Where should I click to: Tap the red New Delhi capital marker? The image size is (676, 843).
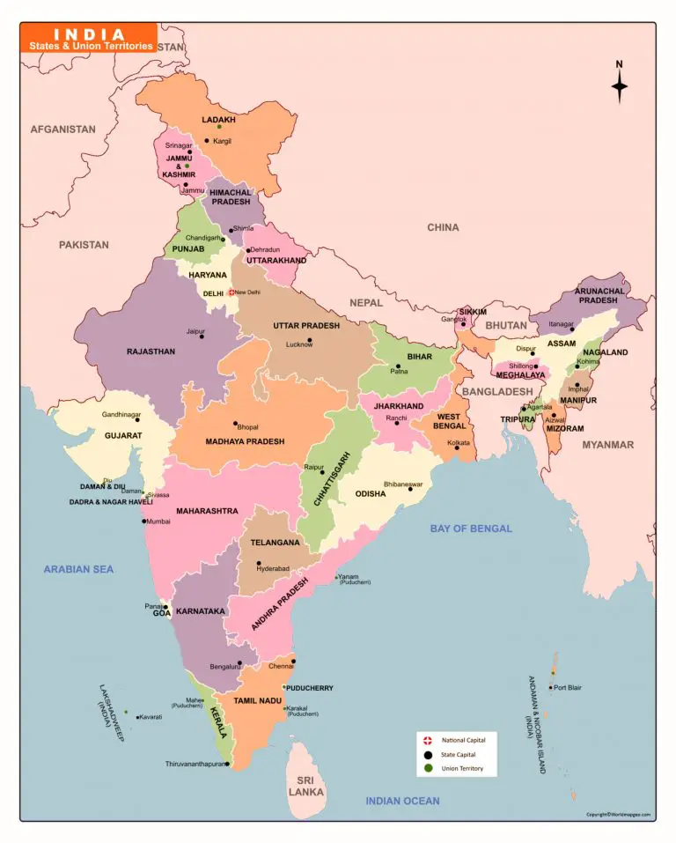click(x=231, y=292)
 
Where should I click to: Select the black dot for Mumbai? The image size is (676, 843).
click(x=143, y=521)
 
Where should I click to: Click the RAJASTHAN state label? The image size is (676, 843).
click(x=151, y=351)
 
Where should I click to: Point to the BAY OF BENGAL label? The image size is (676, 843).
click(x=470, y=529)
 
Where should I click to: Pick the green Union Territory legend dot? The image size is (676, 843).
click(x=428, y=769)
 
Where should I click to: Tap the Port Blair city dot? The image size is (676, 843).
click(x=551, y=687)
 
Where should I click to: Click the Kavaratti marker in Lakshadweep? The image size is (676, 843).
click(x=137, y=717)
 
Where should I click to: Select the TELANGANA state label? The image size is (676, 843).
click(x=275, y=544)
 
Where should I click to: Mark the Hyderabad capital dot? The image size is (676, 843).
click(x=259, y=563)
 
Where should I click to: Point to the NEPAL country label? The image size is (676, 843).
click(x=366, y=302)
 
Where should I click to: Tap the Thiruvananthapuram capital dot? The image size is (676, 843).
click(x=227, y=764)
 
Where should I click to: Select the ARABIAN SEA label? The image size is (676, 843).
click(x=78, y=569)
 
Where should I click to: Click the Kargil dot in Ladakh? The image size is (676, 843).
click(x=207, y=141)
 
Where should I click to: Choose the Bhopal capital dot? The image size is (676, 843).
click(x=235, y=423)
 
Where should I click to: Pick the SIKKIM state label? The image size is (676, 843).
click(x=473, y=312)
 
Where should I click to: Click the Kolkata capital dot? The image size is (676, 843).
click(x=457, y=447)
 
